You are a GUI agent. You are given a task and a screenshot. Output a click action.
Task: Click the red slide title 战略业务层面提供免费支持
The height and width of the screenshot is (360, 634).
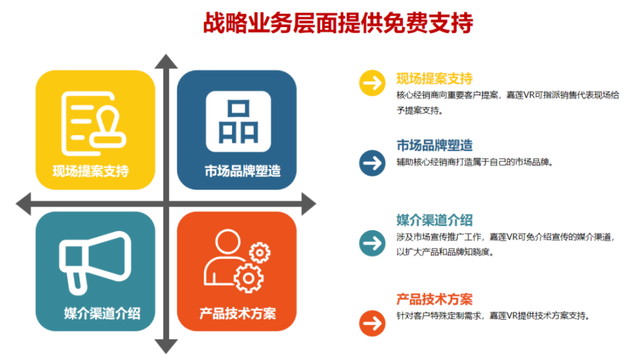click(338, 22)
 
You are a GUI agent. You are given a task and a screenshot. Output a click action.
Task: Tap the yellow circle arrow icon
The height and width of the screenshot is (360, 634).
click(372, 83)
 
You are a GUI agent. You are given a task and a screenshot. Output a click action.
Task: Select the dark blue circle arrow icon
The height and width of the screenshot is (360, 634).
click(372, 163)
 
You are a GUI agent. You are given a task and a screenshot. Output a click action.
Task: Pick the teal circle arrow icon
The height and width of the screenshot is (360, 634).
click(372, 243)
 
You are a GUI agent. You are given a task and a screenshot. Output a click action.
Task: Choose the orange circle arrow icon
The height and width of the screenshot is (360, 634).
click(372, 323)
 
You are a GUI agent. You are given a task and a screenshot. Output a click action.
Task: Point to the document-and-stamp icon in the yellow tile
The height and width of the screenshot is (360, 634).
click(94, 124)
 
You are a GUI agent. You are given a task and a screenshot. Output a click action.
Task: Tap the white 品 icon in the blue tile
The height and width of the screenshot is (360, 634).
click(238, 122)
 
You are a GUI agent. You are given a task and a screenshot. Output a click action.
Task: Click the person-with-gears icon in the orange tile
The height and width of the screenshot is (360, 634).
click(237, 261)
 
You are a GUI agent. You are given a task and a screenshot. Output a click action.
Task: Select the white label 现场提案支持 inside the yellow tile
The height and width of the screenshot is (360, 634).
click(91, 171)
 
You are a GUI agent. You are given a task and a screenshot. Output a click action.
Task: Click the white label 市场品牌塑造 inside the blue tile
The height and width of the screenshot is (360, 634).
click(243, 171)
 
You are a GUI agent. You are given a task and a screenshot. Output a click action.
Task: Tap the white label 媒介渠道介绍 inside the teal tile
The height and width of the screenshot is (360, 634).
click(102, 314)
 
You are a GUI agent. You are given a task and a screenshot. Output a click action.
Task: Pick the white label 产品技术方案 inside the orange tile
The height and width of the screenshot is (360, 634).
click(238, 314)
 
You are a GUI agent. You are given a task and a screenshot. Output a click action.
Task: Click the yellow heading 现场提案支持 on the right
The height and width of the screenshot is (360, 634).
click(434, 78)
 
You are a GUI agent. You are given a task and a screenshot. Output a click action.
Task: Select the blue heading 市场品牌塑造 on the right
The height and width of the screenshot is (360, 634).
click(434, 145)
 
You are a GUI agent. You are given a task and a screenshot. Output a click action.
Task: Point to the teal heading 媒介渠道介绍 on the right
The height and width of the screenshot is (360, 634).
click(434, 221)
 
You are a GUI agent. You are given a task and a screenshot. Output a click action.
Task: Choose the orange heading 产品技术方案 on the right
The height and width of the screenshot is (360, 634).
click(434, 300)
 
